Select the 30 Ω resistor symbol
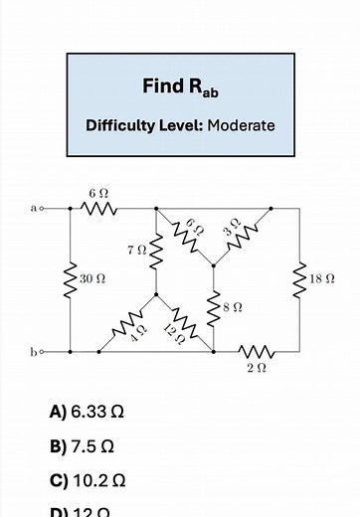click(70, 280)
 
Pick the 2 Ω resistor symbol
click(256, 351)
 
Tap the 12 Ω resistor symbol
click(184, 323)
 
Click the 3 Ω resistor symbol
click(242, 237)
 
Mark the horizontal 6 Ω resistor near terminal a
click(98, 209)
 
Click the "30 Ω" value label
click(92, 280)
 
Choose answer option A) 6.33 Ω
click(88, 411)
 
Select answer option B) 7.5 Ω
click(82, 444)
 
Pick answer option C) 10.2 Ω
click(88, 479)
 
